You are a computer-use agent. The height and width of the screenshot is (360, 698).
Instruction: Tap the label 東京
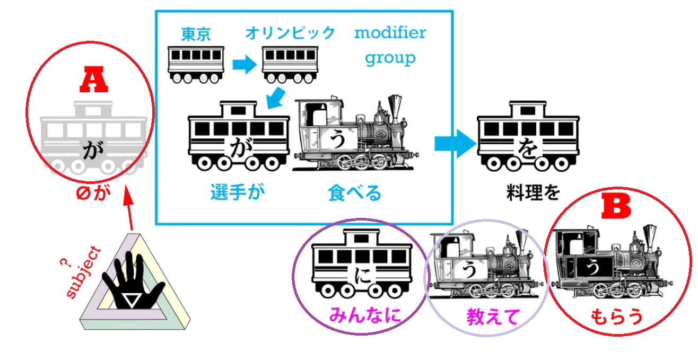tap(196, 34)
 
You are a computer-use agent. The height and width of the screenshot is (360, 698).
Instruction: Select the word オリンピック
tap(290, 33)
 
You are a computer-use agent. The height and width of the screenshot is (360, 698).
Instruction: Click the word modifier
tap(390, 33)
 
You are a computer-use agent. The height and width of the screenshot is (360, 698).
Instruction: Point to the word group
tap(390, 57)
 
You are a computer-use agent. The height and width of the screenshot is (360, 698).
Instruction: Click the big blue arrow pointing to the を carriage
tap(454, 143)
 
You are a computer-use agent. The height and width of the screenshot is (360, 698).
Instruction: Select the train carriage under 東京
tap(196, 64)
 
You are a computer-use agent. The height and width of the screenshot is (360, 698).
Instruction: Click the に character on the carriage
tap(361, 276)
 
